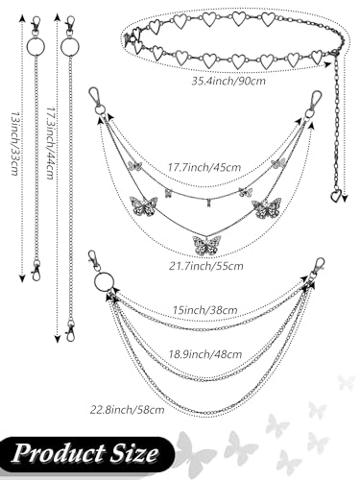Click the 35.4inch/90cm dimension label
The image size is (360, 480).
(228, 81)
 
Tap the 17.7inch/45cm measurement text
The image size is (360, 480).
(204, 167)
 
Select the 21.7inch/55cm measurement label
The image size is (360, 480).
(206, 266)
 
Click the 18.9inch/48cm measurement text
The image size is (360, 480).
(205, 354)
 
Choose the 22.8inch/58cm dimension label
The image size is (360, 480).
(128, 409)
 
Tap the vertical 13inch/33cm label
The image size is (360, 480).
(15, 143)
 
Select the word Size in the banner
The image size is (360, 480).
(134, 453)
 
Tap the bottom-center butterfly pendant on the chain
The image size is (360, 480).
(206, 244)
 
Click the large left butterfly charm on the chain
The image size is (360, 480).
(144, 206)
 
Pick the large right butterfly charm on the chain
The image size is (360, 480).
(267, 207)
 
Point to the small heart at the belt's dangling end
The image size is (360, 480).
(336, 196)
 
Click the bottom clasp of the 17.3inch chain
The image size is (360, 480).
(69, 333)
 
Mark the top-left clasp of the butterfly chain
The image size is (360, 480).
(96, 96)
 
